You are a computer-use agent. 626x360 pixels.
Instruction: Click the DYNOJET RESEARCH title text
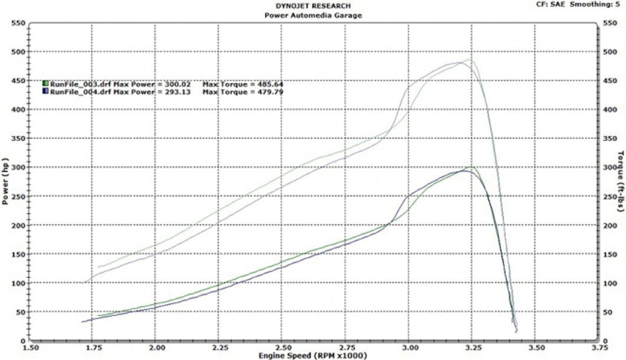point(313,6)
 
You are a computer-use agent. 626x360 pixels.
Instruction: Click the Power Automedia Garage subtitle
point(313,15)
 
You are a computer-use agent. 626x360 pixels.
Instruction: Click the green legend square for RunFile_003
point(46,83)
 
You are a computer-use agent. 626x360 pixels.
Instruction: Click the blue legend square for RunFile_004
point(46,91)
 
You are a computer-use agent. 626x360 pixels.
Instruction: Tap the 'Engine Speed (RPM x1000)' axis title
point(313,355)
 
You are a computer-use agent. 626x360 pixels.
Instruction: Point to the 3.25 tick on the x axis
point(472,347)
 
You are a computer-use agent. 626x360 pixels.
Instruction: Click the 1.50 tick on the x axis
point(31,347)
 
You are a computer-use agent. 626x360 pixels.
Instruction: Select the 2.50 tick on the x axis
point(283,347)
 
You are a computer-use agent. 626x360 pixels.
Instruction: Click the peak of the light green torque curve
point(471,59)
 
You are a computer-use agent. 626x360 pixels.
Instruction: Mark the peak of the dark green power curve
point(471,167)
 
